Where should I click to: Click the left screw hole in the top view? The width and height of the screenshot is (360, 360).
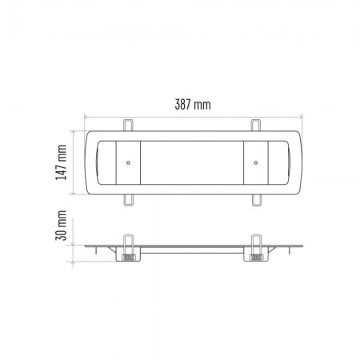(127, 161)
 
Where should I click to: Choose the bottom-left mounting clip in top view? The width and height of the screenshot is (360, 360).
(128, 197)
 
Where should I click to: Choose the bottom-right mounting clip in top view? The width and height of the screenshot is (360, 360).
(255, 197)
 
